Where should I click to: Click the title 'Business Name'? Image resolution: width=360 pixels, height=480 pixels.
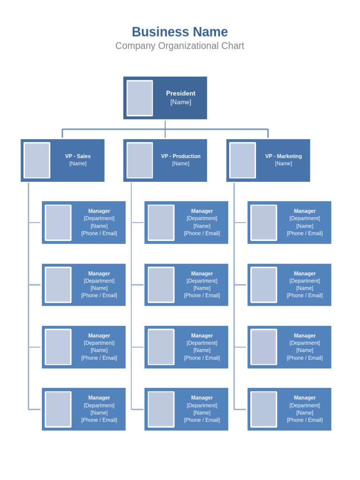pyautogui.click(x=180, y=32)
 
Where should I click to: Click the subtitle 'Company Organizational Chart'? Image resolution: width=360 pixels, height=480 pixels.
pyautogui.click(x=180, y=46)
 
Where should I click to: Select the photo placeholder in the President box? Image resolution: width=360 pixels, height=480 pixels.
pyautogui.click(x=140, y=98)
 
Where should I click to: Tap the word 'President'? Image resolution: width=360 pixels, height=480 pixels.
pyautogui.click(x=180, y=93)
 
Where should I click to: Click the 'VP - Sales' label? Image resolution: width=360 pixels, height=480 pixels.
pyautogui.click(x=78, y=156)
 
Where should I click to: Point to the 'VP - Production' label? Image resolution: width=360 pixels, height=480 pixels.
pyautogui.click(x=180, y=156)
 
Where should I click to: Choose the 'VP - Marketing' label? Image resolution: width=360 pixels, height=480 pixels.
pyautogui.click(x=283, y=156)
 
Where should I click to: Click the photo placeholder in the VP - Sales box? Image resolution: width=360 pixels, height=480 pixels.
pyautogui.click(x=37, y=160)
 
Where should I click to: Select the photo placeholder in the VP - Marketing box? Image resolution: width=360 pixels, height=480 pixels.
pyautogui.click(x=242, y=160)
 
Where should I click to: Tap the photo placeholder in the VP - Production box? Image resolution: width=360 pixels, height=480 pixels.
pyautogui.click(x=140, y=160)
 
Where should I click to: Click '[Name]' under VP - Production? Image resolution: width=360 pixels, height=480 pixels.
pyautogui.click(x=180, y=164)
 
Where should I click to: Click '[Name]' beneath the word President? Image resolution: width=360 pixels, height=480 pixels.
pyautogui.click(x=180, y=102)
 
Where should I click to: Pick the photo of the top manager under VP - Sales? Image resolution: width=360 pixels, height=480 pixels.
pyautogui.click(x=58, y=223)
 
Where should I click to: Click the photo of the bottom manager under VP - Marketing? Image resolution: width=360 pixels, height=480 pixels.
pyautogui.click(x=263, y=409)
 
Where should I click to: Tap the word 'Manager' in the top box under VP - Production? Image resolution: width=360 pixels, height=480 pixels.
pyautogui.click(x=202, y=211)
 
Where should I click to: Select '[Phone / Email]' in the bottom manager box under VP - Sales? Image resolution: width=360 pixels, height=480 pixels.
pyautogui.click(x=99, y=420)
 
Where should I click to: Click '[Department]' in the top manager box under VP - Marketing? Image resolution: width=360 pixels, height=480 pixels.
pyautogui.click(x=305, y=218)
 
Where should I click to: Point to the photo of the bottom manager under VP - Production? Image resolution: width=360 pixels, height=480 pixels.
pyautogui.click(x=161, y=409)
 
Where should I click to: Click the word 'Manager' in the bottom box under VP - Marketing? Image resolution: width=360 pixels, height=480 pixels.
pyautogui.click(x=305, y=397)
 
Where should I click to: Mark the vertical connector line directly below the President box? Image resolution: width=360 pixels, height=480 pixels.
pyautogui.click(x=165, y=125)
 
